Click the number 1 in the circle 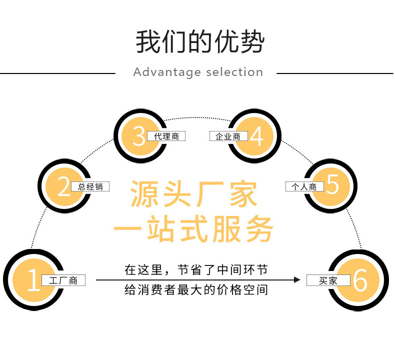point(33,280)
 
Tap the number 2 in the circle point(63,186)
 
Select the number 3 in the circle point(139,136)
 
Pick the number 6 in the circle point(360,280)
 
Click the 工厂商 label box point(63,280)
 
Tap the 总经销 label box point(90,187)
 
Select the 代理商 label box point(166,136)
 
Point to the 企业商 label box point(228,136)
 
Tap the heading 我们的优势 point(199,42)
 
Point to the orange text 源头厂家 point(194,194)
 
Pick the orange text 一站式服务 point(194,229)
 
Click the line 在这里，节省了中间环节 point(196,270)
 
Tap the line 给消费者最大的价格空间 point(196,290)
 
